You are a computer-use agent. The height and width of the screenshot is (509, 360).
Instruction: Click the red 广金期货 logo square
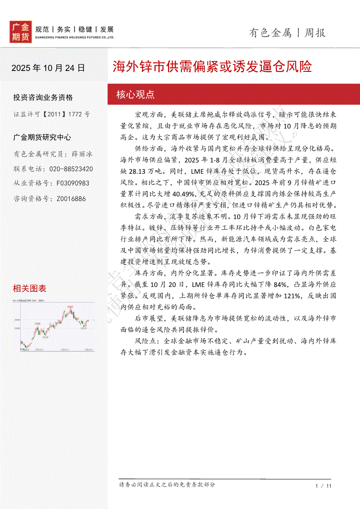[x=20, y=32]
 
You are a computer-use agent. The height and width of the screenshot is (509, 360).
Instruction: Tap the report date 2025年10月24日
[x=48, y=68]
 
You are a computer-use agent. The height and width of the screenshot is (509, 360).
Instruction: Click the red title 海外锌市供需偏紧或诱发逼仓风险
[x=212, y=67]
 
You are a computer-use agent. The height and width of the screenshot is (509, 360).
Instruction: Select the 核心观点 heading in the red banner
[x=136, y=94]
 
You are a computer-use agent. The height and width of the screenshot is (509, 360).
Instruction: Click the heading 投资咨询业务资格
[x=43, y=97]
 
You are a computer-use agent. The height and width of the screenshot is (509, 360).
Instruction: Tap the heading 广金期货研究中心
[x=42, y=138]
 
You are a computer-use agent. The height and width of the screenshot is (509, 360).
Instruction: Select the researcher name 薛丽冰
[x=82, y=154]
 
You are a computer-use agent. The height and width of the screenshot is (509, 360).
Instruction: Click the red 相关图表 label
[x=30, y=288]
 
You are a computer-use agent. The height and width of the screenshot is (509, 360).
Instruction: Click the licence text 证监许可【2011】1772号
[x=51, y=114]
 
